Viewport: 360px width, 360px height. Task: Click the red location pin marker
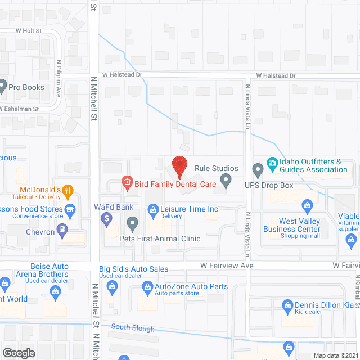tap(179, 166)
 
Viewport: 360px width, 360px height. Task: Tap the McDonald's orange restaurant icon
tap(67, 191)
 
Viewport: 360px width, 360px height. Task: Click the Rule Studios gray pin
tap(226, 181)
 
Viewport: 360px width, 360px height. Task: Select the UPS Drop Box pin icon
tap(258, 169)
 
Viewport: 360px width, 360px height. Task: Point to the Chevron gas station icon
tap(62, 230)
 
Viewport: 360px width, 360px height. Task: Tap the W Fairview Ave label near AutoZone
tap(227, 265)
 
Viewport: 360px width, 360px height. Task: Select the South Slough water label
tap(128, 327)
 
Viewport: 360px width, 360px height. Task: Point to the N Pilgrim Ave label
tap(58, 78)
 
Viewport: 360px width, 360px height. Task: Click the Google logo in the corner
tap(19, 353)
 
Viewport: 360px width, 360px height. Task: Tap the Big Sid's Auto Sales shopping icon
tap(111, 286)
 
